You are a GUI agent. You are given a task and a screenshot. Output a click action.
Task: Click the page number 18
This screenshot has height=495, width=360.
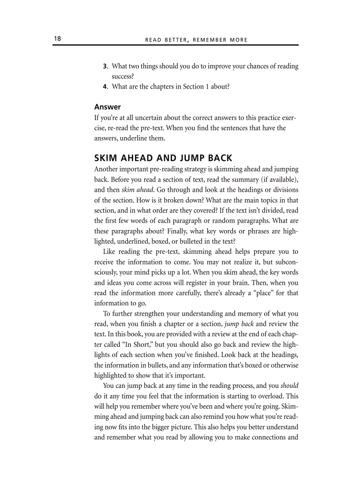[x=57, y=39]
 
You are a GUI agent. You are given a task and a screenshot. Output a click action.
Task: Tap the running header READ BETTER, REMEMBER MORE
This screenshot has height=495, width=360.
[x=196, y=40]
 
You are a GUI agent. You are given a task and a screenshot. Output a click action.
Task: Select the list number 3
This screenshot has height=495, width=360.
[x=105, y=66]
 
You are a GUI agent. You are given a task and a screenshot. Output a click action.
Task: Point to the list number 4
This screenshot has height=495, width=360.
[x=105, y=86]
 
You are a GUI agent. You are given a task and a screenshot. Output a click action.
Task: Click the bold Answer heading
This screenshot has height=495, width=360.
[x=107, y=107]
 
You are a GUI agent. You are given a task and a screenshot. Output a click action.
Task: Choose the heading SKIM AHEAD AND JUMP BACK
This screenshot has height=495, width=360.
[x=163, y=158]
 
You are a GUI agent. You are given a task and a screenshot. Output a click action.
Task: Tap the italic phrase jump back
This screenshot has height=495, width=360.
[x=239, y=324]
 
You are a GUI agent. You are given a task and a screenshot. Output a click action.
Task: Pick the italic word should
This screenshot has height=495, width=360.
[x=289, y=386]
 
